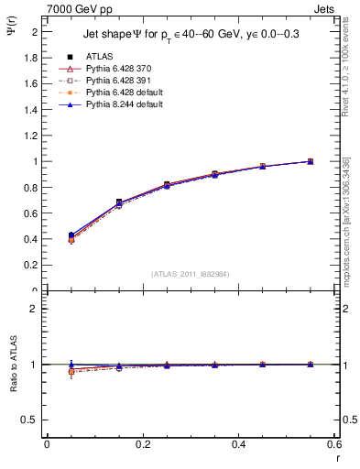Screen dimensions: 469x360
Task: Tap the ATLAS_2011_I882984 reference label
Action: pyautogui.click(x=190, y=274)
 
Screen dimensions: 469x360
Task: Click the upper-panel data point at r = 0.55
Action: pyautogui.click(x=310, y=161)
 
